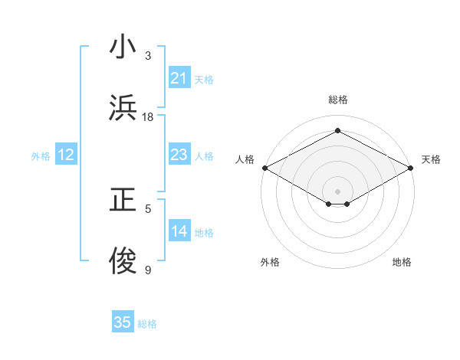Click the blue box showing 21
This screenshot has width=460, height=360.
pyautogui.click(x=179, y=78)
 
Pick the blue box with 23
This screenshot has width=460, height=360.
pyautogui.click(x=179, y=155)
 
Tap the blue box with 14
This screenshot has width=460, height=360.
pyautogui.click(x=179, y=231)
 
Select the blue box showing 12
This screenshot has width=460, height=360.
pyautogui.click(x=66, y=155)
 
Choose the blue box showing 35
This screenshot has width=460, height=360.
pyautogui.click(x=123, y=322)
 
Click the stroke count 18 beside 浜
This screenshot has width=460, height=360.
pyautogui.click(x=148, y=117)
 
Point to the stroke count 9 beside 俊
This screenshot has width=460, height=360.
pyautogui.click(x=148, y=270)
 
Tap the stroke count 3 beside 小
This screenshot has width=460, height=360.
pyautogui.click(x=148, y=56)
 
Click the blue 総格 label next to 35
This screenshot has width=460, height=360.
pyautogui.click(x=147, y=324)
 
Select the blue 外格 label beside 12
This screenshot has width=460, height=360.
pyautogui.click(x=41, y=156)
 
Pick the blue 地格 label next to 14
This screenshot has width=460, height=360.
pyautogui.click(x=204, y=233)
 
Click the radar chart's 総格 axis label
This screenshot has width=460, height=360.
pyautogui.click(x=337, y=100)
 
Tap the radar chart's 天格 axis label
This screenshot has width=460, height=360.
pyautogui.click(x=431, y=159)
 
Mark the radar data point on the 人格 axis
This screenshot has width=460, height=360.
pyautogui.click(x=264, y=168)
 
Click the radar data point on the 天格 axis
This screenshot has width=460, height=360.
pyautogui.click(x=411, y=168)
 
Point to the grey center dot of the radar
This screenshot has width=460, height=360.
pyautogui.click(x=337, y=191)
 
